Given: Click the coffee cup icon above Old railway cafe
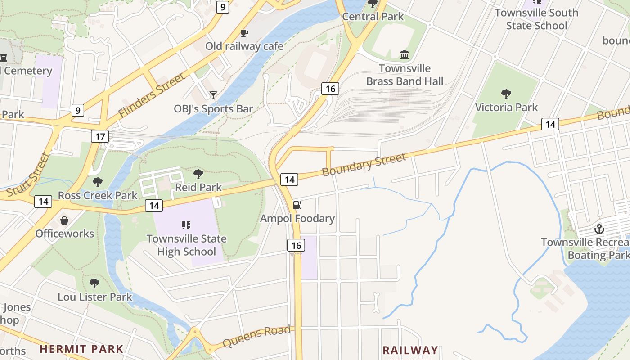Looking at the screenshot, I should pos(244,33).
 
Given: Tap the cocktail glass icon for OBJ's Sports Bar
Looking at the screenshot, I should pos(213,95).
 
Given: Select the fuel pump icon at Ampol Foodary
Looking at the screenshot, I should pos(297,205).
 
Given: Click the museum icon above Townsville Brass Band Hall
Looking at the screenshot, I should pos(405,55).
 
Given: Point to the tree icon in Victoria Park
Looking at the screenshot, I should pos(506,94).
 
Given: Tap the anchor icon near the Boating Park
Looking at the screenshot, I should pos(599,229).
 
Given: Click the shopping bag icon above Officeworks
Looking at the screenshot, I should pos(65,220).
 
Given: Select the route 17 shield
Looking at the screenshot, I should pos(99,136).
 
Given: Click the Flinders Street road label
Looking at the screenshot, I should pos(152,96).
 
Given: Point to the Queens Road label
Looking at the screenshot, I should pos(256,336).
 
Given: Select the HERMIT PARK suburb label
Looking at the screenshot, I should pos(81,349).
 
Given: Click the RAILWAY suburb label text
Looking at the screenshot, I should pos(410,350).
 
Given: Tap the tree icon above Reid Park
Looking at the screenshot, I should pos(198,174).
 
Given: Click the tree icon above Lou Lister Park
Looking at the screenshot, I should pos(94,283).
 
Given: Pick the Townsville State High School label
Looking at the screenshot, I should pos(186,245).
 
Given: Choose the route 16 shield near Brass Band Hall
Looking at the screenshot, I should pos(330,89).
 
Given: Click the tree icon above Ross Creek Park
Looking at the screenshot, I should pos(97,182).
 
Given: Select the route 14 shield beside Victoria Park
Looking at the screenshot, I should pos(550,124).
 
